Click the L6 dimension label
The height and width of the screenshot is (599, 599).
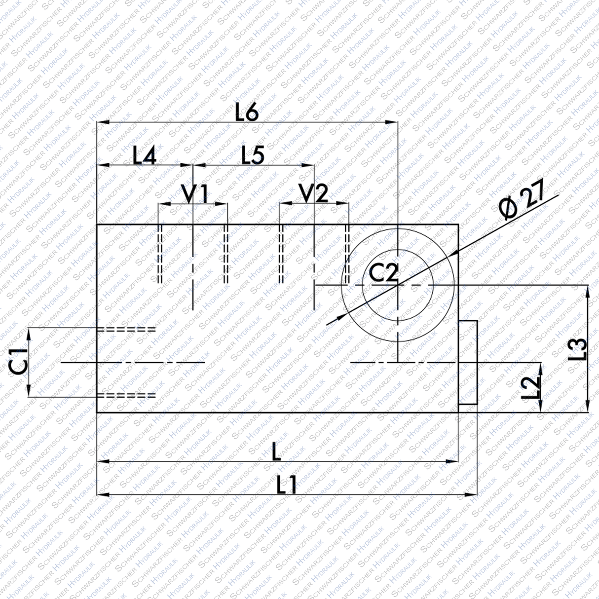pyautogui.click(x=247, y=114)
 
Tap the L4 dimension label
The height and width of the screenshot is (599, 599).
pyautogui.click(x=145, y=156)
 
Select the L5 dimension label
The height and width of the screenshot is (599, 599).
pyautogui.click(x=253, y=156)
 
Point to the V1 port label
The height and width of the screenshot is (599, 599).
pyautogui.click(x=196, y=194)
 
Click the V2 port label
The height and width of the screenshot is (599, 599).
pyautogui.click(x=314, y=194)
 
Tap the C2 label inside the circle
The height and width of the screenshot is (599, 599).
pyautogui.click(x=383, y=273)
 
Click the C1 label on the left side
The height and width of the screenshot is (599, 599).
pyautogui.click(x=19, y=362)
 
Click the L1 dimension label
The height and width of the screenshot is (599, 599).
pyautogui.click(x=287, y=486)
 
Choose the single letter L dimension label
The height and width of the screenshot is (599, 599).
pyautogui.click(x=276, y=452)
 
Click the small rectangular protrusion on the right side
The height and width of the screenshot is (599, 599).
pyautogui.click(x=468, y=363)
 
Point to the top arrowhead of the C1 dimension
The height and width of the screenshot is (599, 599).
pyautogui.click(x=29, y=334)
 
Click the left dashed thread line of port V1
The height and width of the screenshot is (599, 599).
pyautogui.click(x=160, y=254)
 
